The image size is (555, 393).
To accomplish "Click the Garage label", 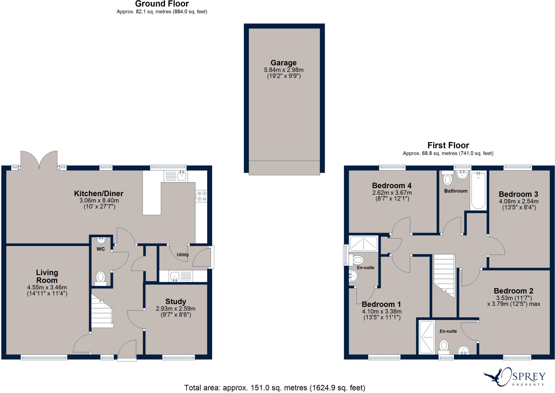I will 283,63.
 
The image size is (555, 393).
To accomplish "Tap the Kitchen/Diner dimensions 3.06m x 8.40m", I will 99,201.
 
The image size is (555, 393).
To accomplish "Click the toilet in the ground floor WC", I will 101,277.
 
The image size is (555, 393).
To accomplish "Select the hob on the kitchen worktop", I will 201,196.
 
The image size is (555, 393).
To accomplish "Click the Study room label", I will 176,302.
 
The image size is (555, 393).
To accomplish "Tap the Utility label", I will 183,255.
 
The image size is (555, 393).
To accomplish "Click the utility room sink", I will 175,276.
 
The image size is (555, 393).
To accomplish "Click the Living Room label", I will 47,276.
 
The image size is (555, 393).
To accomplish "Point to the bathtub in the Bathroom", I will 478,191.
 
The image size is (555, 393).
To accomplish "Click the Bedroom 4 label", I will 392,186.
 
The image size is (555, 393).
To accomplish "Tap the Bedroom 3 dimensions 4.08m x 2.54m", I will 519,201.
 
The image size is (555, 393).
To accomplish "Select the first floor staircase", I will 444,275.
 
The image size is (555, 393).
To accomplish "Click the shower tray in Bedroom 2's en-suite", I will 427,337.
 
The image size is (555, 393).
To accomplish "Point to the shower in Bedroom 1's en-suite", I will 363,244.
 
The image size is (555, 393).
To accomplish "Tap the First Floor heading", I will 448,145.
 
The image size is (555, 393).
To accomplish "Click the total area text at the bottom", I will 275,388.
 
